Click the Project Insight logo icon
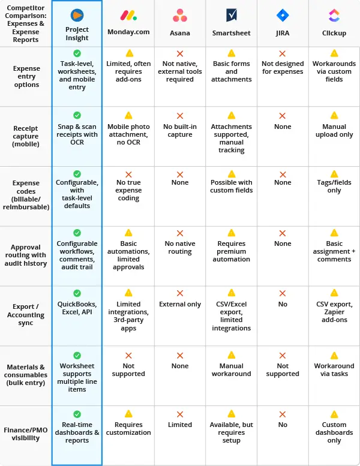coord(77,16)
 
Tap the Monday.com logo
coord(128,16)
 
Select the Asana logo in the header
coord(179,16)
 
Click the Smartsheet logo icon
coord(231,16)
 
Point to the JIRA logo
coord(283,16)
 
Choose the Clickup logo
coord(334,16)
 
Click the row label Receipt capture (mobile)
coord(26,136)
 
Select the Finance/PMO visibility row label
coord(26,433)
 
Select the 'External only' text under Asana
coord(180,304)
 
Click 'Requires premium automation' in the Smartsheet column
coord(231,251)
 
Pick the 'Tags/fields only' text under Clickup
coord(334,187)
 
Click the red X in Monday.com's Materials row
coord(128,356)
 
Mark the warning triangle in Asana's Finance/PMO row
coord(180,414)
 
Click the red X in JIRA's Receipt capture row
coord(283,116)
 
